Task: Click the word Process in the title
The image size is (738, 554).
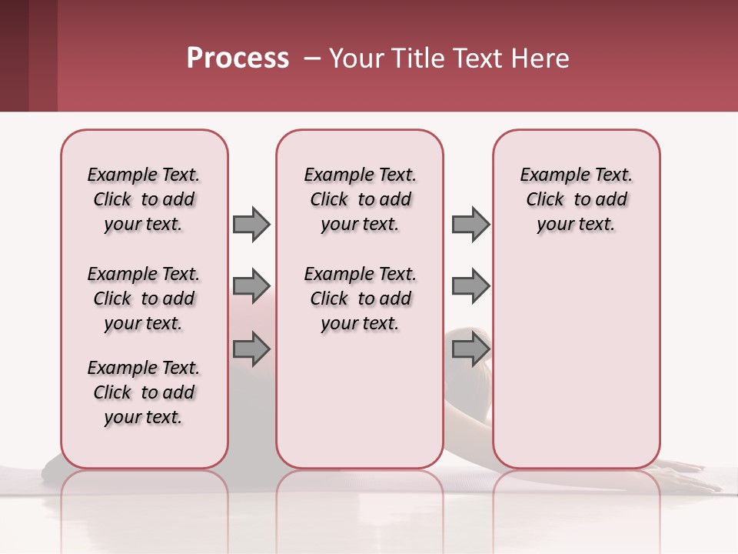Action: pos(238,58)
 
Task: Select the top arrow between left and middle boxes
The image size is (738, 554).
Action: pos(251,224)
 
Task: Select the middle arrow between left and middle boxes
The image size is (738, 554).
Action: pos(251,287)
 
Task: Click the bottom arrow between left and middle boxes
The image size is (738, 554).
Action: pos(251,349)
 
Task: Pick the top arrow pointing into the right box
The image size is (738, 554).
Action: pos(470,224)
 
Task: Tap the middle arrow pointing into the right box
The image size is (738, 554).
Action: pos(470,287)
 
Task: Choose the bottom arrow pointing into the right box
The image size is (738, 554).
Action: pos(470,349)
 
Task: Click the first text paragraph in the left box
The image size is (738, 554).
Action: pos(144,199)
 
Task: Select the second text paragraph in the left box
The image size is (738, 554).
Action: pos(144,299)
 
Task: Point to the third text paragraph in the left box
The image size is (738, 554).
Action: pos(144,392)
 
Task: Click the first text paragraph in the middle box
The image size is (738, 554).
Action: pos(360,199)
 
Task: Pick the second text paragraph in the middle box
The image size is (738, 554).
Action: pos(360,299)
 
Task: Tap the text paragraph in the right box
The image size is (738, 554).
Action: pos(576,199)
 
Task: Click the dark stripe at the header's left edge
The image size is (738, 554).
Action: pos(14,55)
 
